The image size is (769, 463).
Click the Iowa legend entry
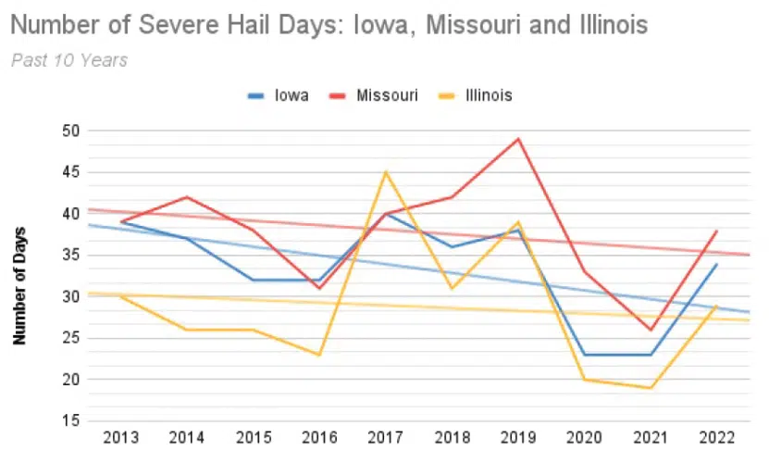click(279, 95)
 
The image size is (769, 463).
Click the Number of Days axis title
click(19, 285)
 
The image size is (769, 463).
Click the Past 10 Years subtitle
click(69, 60)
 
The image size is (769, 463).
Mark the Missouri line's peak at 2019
click(518, 139)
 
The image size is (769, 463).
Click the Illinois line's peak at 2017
click(386, 171)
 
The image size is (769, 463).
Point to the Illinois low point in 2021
click(651, 388)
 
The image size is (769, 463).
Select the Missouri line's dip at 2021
click(651, 330)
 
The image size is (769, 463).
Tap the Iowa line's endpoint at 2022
click(716, 264)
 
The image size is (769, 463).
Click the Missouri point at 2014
click(188, 197)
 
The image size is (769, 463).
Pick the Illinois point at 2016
click(320, 355)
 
